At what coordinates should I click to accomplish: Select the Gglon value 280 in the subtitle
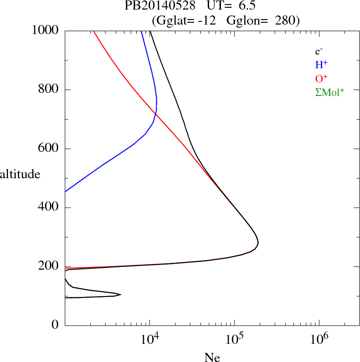point(285,20)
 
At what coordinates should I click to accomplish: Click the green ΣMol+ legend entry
point(329,92)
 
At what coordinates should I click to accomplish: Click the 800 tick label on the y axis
point(49,90)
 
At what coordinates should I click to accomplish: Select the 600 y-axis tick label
point(49,149)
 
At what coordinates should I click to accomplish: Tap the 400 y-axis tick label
point(49,208)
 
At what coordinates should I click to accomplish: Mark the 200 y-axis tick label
point(49,266)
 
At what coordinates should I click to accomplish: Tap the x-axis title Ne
point(212,357)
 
